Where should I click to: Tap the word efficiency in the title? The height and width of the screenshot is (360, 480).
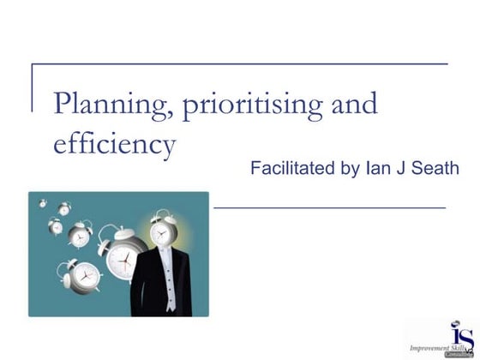(115, 143)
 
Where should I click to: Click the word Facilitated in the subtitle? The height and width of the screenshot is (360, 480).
(291, 168)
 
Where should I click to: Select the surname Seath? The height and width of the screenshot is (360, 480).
(434, 168)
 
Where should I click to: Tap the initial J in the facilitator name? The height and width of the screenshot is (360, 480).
(399, 168)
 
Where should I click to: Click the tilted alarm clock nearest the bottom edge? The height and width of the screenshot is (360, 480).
(86, 277)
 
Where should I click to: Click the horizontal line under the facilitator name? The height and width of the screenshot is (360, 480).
(330, 207)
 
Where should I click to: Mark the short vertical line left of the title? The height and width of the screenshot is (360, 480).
(32, 87)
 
